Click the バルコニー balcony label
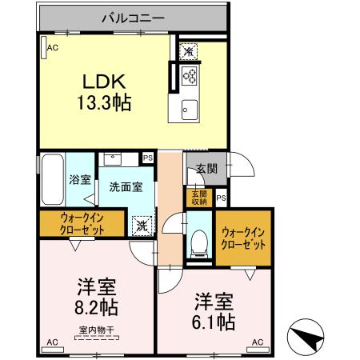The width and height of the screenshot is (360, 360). pyautogui.click(x=133, y=17)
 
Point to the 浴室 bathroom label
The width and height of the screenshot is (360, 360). pyautogui.click(x=79, y=180)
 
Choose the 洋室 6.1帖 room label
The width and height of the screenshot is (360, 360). pyautogui.click(x=214, y=312)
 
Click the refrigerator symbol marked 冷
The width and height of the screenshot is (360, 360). pyautogui.click(x=187, y=51)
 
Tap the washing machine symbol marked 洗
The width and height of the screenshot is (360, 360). pyautogui.click(x=142, y=226)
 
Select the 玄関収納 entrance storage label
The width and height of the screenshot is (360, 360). pyautogui.click(x=198, y=197)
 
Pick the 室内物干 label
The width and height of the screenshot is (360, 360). pyautogui.click(x=94, y=330)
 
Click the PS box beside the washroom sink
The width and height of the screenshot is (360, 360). pyautogui.click(x=147, y=158)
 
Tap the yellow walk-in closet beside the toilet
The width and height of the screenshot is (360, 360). pyautogui.click(x=244, y=238)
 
